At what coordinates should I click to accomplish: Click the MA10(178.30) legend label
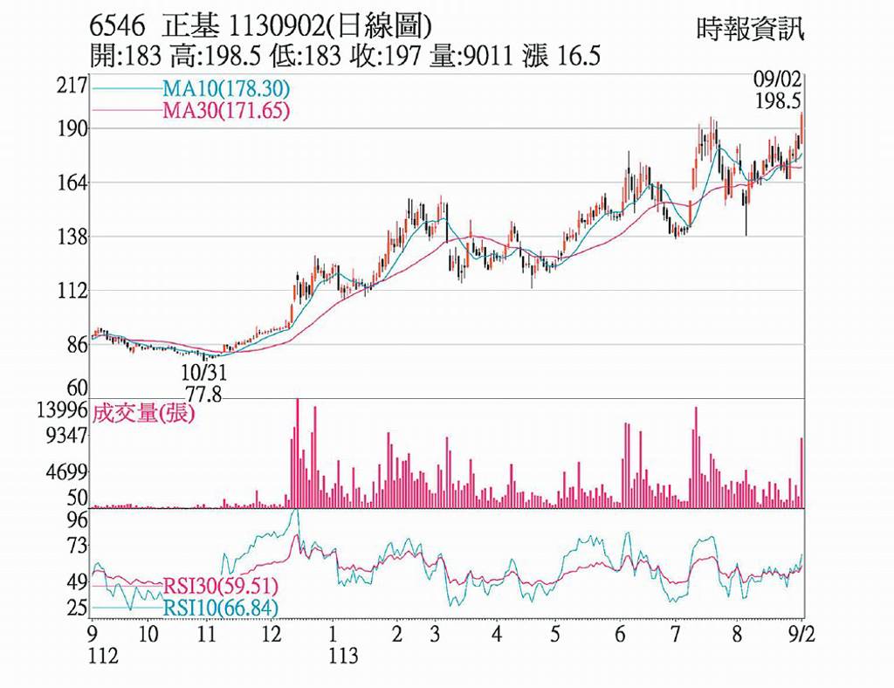tap(226, 89)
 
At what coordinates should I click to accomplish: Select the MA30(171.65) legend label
tap(226, 110)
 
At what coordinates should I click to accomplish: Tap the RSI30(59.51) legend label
tap(221, 586)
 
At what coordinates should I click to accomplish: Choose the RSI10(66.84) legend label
tap(221, 608)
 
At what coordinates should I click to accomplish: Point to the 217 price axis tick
tap(73, 86)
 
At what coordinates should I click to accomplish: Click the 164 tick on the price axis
tap(73, 183)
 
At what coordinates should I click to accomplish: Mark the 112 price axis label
tap(73, 292)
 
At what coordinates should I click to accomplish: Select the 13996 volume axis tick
tap(62, 409)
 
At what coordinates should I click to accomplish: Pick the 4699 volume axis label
tap(67, 472)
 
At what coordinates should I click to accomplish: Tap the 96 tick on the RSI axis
tap(78, 519)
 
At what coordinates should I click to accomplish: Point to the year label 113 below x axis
tap(343, 656)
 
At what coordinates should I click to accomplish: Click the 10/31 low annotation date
tap(204, 373)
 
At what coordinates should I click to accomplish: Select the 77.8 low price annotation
tap(203, 394)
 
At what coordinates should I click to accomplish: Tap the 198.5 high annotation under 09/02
tap(778, 101)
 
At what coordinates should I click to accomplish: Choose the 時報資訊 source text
tap(750, 29)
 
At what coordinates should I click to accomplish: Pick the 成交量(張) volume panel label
tap(143, 413)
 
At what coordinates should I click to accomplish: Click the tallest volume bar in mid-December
tap(297, 453)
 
